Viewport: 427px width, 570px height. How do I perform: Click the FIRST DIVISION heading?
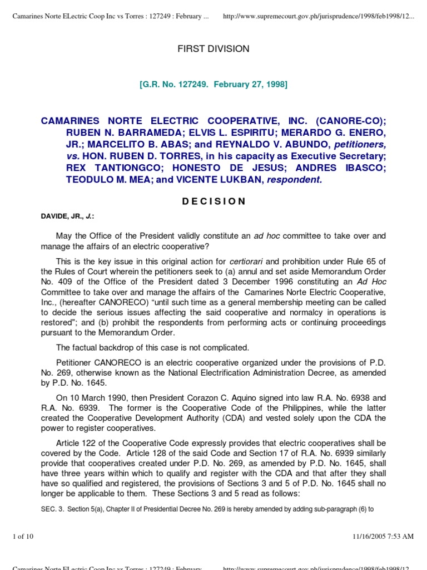tap(213, 49)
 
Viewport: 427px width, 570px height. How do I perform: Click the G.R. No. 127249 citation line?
tap(213, 84)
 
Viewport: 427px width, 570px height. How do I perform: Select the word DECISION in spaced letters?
tap(213, 202)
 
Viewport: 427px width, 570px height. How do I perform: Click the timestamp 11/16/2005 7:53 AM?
tap(383, 536)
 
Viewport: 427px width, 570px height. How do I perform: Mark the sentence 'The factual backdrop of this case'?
tap(153, 347)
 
